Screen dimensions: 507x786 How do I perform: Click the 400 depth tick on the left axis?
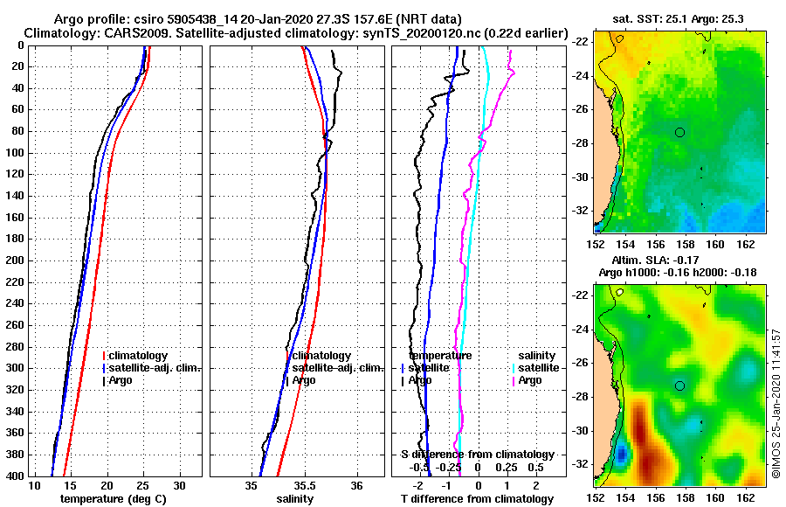15,476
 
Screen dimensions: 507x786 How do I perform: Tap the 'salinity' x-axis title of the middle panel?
296,498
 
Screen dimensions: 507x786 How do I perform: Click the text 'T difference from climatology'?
477,498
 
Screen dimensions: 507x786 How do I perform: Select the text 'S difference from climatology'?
477,455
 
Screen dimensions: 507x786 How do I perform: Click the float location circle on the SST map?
680,132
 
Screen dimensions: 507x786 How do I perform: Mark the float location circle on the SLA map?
680,385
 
